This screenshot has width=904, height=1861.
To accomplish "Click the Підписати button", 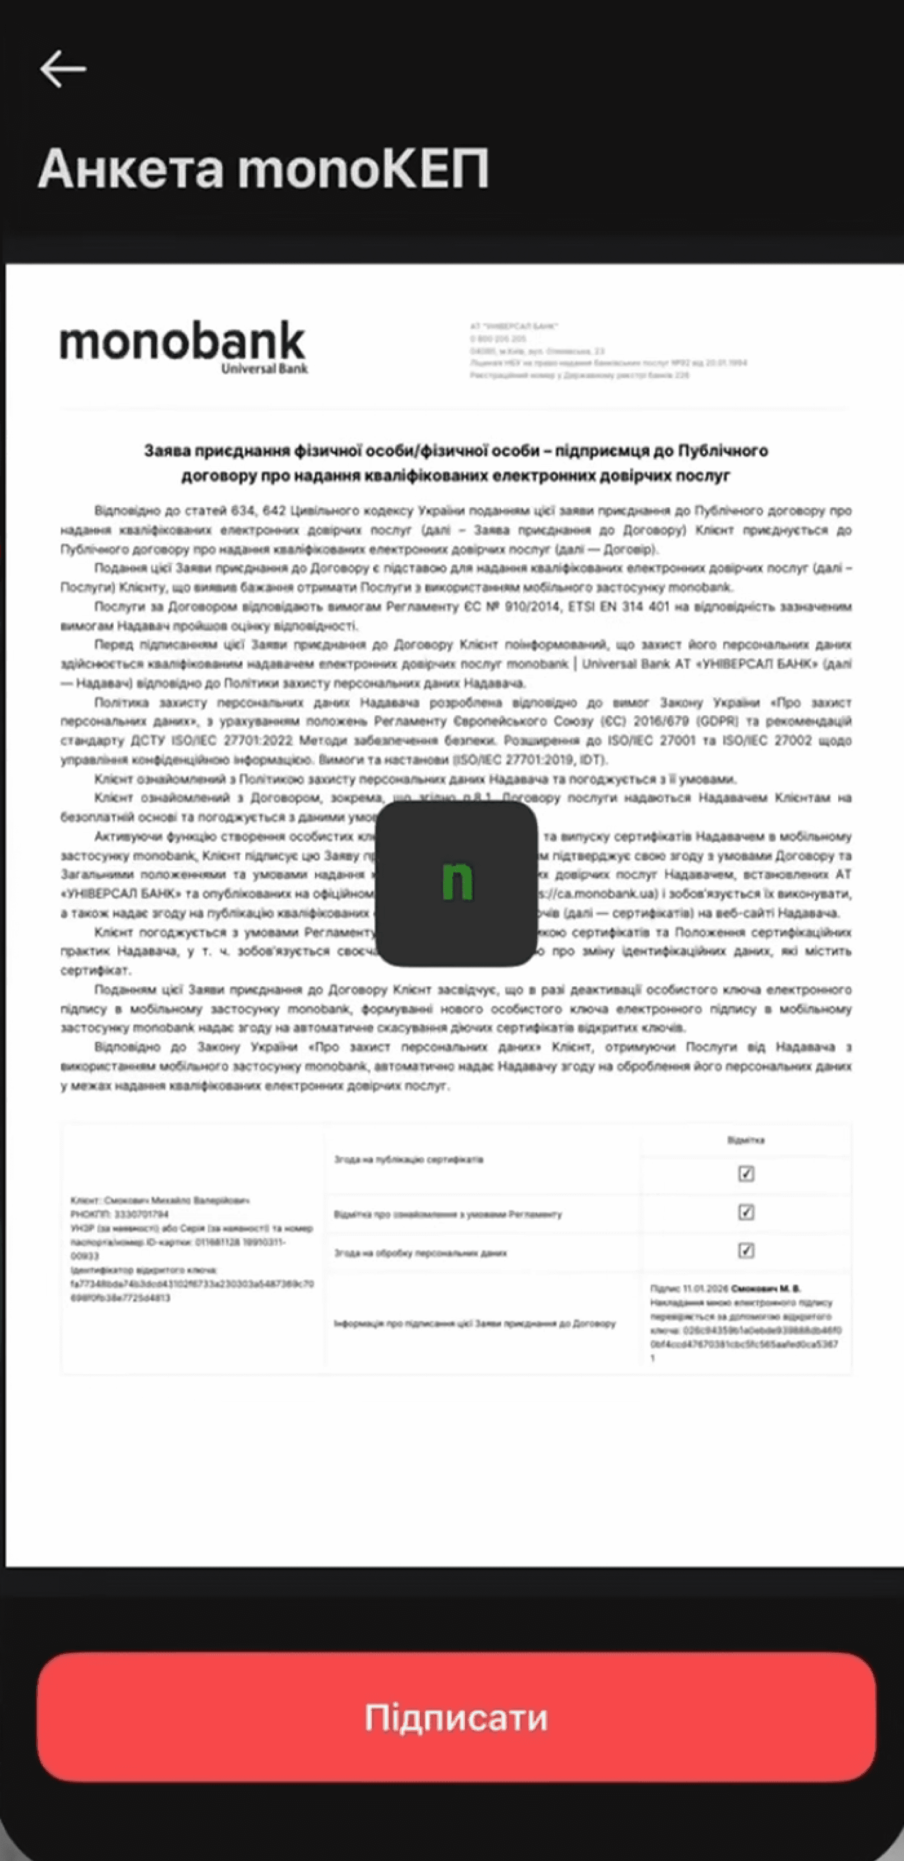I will pyautogui.click(x=456, y=1717).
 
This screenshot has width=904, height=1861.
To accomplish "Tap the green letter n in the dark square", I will pyautogui.click(x=457, y=883).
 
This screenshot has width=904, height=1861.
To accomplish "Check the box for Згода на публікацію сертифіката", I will pyautogui.click(x=746, y=1174).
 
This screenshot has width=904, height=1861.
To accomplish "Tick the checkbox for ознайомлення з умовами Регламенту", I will pyautogui.click(x=746, y=1212).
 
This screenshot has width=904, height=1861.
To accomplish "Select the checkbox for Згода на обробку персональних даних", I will pyautogui.click(x=746, y=1250).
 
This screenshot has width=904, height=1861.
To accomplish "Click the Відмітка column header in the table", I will pyautogui.click(x=746, y=1140).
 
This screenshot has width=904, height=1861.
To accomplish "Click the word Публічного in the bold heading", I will pyautogui.click(x=722, y=451).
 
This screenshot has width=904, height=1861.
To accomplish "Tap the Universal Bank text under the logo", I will pyautogui.click(x=265, y=369).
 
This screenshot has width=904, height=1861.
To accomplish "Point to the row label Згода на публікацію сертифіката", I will pyautogui.click(x=408, y=1160).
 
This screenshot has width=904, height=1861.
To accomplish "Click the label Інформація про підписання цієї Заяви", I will pyautogui.click(x=474, y=1324).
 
